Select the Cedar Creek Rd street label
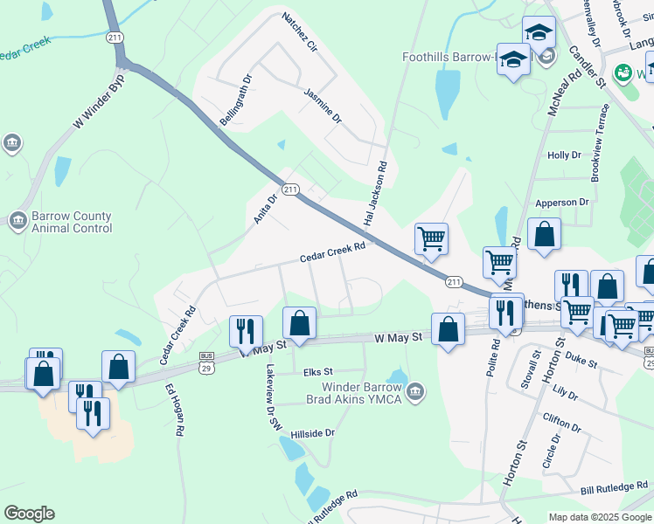331,253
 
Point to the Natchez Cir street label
299,32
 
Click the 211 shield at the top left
115,37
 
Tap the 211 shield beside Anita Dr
291,189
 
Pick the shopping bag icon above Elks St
299,322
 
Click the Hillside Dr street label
313,433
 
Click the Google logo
29,514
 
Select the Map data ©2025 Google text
599,517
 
